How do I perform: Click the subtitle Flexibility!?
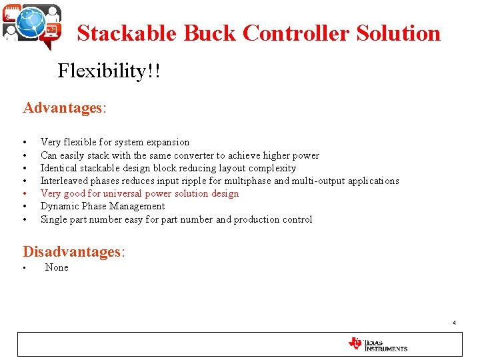tap(109, 71)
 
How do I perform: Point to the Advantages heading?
tap(61, 108)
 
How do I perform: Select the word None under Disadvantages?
tap(57, 267)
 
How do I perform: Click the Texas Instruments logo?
tap(377, 344)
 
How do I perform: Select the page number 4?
tap(454, 323)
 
